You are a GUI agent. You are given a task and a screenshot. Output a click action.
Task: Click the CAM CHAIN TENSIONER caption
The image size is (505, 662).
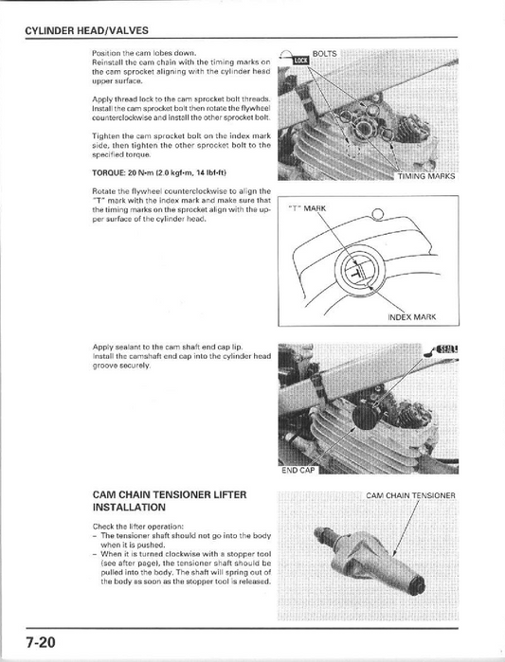(410, 494)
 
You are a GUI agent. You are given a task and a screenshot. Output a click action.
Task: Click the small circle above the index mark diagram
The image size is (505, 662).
(379, 212)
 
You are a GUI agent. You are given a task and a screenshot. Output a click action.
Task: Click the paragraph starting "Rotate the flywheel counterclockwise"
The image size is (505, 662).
(182, 205)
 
